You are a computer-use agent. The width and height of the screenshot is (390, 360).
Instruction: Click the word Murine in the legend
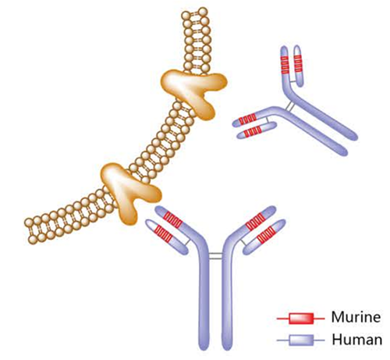(x=356, y=317)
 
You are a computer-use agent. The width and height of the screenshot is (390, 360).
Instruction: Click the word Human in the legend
(x=357, y=340)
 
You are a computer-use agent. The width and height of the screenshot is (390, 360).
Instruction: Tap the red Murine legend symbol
(x=301, y=319)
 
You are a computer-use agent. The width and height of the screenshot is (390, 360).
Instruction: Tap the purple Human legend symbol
(x=301, y=340)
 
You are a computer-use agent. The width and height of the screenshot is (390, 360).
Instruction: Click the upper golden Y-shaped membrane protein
(x=193, y=92)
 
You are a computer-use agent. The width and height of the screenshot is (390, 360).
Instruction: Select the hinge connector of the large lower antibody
(x=215, y=255)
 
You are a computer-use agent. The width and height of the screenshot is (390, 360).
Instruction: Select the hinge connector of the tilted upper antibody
(x=290, y=106)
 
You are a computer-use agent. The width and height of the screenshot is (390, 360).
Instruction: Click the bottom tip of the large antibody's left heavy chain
(x=204, y=348)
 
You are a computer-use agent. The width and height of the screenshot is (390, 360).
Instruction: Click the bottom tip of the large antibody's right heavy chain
(x=227, y=348)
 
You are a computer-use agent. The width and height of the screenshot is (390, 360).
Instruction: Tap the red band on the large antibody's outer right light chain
(x=266, y=233)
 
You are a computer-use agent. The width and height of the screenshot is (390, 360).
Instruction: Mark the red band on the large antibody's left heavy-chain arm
(x=173, y=219)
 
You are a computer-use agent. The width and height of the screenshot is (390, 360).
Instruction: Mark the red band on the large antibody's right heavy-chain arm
(x=255, y=222)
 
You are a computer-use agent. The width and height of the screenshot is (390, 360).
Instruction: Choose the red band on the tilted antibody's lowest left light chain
(x=253, y=131)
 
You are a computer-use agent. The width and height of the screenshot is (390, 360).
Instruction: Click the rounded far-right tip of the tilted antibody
(x=354, y=137)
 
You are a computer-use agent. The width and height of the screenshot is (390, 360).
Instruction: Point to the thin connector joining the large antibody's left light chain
(x=187, y=241)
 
